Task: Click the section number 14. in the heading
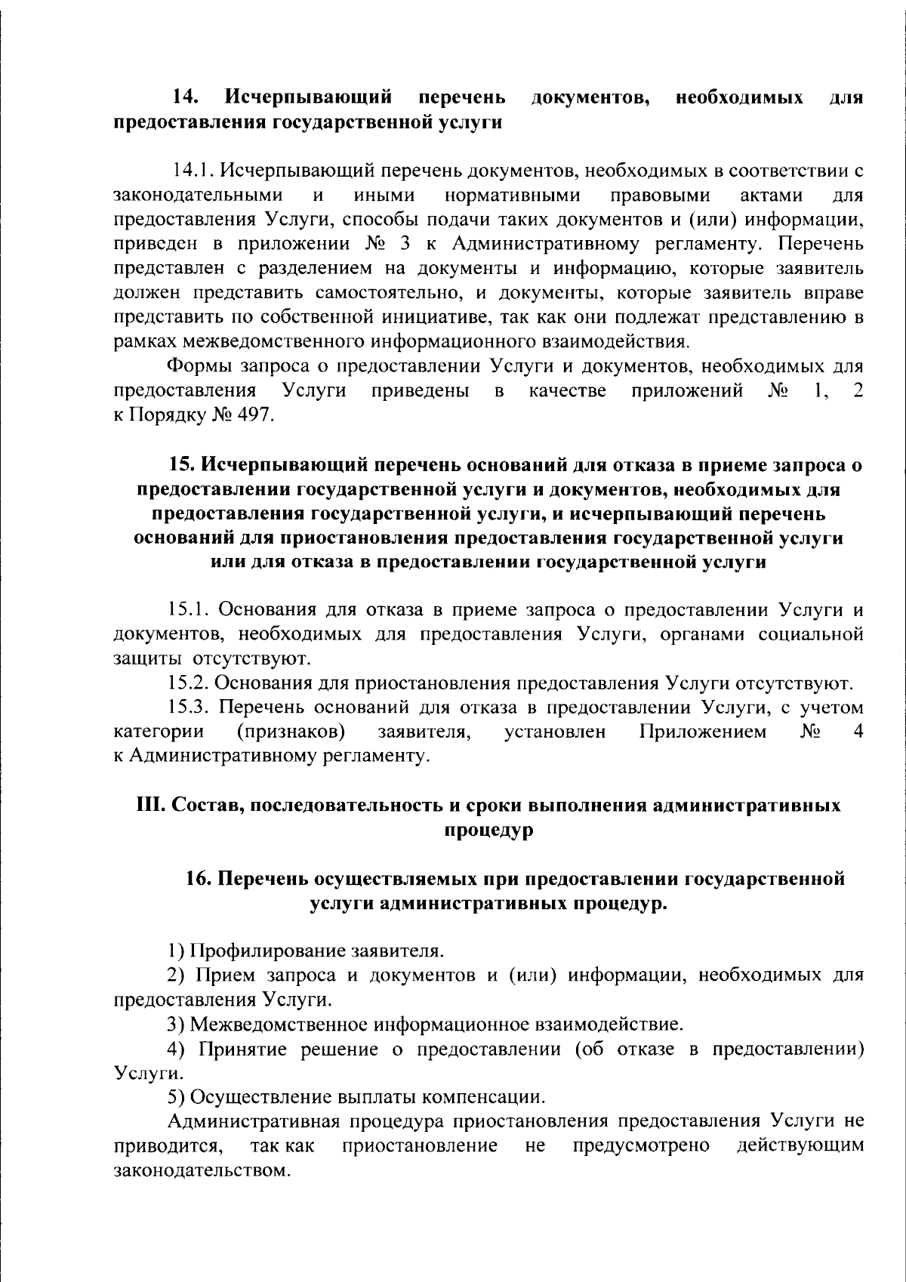click(186, 97)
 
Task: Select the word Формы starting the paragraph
click(199, 366)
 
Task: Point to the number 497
click(255, 415)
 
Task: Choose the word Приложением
click(702, 732)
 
